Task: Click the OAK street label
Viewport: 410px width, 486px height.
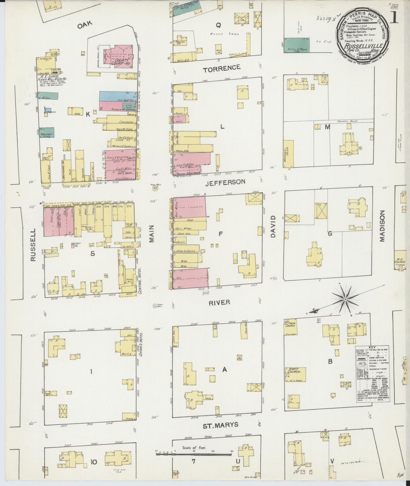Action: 85,25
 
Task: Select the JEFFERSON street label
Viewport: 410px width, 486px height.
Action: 225,182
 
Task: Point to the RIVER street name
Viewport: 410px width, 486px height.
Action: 219,303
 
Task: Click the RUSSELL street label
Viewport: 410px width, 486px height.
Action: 33,245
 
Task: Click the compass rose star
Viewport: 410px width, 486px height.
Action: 345,299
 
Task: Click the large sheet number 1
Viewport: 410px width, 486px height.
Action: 395,18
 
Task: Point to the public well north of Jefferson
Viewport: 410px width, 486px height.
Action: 155,187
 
